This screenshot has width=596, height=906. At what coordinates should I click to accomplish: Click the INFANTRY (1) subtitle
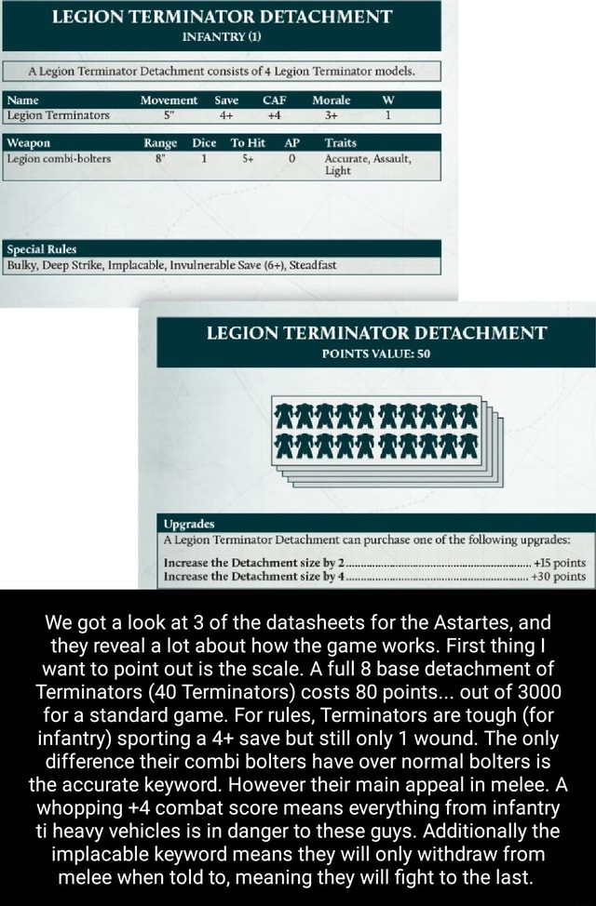[x=221, y=37]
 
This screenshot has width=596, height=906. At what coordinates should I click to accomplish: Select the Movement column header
[x=169, y=100]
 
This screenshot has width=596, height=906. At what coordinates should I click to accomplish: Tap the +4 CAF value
[x=274, y=115]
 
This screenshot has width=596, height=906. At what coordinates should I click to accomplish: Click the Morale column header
[x=331, y=100]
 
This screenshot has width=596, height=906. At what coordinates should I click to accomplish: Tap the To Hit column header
[x=247, y=143]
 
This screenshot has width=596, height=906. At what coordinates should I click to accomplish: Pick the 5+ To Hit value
[x=245, y=158]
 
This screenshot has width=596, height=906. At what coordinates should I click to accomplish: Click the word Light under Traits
[x=338, y=172]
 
